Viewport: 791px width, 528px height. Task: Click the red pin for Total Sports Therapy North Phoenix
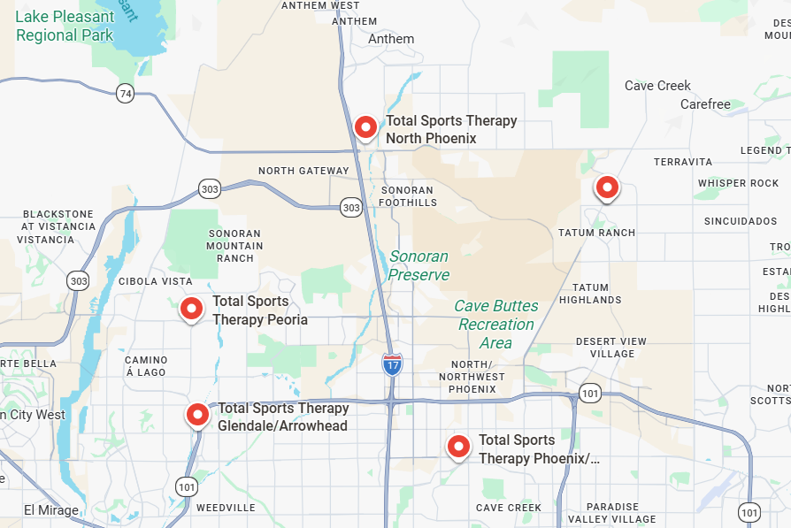click(365, 127)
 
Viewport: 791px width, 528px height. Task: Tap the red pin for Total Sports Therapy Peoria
click(191, 309)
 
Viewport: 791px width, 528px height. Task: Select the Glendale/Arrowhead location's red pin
click(197, 414)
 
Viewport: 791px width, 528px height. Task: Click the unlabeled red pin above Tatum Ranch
click(606, 187)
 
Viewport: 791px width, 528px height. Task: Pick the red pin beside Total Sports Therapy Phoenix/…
click(458, 446)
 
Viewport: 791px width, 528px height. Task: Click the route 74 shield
click(125, 93)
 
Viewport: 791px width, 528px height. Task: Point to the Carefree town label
click(705, 104)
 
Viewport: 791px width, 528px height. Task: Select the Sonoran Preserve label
click(419, 265)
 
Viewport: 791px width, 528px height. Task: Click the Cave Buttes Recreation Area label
click(495, 324)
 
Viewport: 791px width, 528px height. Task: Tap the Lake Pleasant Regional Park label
click(65, 27)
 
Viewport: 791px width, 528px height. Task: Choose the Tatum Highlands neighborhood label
click(590, 294)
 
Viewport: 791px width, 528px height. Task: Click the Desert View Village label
click(611, 348)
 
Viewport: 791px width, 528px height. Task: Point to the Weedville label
click(226, 508)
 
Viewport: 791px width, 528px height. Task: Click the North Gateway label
click(303, 171)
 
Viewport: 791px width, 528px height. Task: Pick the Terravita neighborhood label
click(683, 162)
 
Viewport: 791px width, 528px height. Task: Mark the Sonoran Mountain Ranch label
click(235, 246)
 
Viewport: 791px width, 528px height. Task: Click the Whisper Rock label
click(738, 183)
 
